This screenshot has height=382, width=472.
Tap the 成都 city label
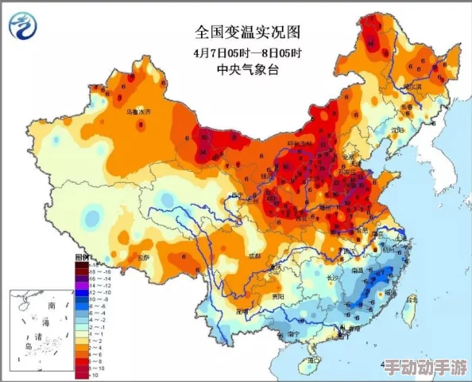[253, 257]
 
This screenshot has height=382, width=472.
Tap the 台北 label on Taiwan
[410, 300]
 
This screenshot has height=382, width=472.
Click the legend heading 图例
[81, 257]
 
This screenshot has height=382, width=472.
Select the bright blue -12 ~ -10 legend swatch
[81, 299]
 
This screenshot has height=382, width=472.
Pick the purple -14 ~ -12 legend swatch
[81, 292]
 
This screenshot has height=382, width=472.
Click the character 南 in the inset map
[51, 304]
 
